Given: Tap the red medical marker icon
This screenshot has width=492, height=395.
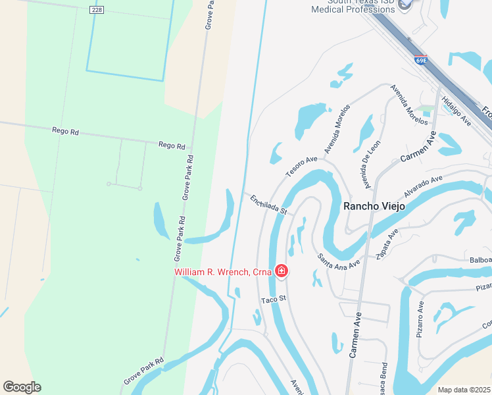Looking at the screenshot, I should pyautogui.click(x=282, y=271).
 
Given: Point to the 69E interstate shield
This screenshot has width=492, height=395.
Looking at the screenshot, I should pyautogui.click(x=421, y=60).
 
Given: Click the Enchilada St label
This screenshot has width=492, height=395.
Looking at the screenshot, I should pyautogui.click(x=268, y=203).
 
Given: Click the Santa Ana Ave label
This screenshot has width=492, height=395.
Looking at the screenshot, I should pyautogui.click(x=339, y=261).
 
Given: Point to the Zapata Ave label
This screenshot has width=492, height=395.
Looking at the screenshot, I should pyautogui.click(x=387, y=245).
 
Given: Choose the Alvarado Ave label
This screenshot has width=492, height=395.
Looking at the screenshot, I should pyautogui.click(x=424, y=186).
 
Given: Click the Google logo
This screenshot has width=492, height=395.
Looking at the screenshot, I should pyautogui.click(x=22, y=387).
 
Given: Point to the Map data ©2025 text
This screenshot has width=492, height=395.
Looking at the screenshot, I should pyautogui.click(x=463, y=390).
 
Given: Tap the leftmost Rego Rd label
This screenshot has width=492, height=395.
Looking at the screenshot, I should pyautogui.click(x=65, y=131).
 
